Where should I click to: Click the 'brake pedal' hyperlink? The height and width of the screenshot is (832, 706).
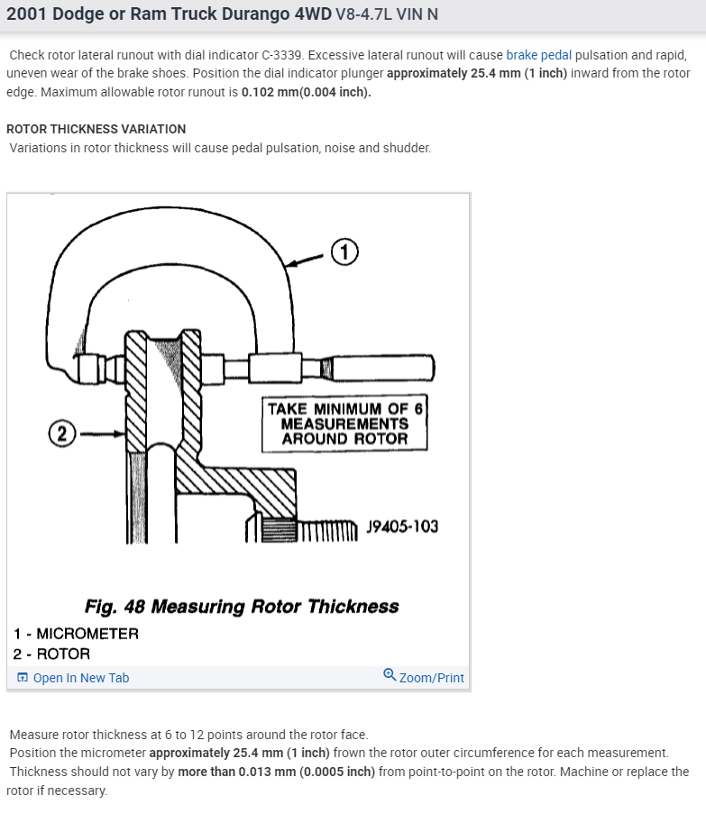click(x=538, y=55)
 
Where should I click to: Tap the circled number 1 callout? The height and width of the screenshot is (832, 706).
click(x=344, y=251)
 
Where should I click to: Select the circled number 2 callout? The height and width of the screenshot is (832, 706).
click(x=61, y=434)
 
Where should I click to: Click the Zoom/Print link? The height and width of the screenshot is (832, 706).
click(x=431, y=678)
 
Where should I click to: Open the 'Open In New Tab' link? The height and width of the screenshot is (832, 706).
click(x=81, y=678)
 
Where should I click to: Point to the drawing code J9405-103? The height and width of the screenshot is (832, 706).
click(x=402, y=526)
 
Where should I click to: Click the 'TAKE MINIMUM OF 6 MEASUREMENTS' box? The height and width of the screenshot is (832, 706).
click(x=344, y=423)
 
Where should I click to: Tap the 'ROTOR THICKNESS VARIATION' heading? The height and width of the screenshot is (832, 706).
click(x=96, y=129)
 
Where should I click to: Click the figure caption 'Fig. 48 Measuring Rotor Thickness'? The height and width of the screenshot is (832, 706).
click(x=242, y=606)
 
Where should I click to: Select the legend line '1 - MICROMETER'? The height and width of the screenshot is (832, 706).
click(x=77, y=633)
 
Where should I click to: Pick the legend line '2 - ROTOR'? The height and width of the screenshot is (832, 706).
click(x=52, y=654)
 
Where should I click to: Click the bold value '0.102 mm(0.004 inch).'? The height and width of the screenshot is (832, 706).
click(x=306, y=92)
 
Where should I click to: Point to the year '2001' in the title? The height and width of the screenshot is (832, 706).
click(x=26, y=16)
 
